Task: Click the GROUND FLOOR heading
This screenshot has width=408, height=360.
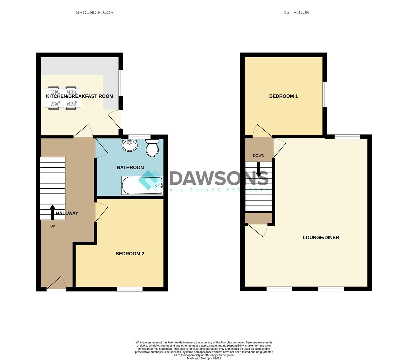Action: coord(94,12)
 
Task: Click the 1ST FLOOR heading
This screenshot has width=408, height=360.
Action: coord(296,12)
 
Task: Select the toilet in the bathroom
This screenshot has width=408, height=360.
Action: coord(152,148)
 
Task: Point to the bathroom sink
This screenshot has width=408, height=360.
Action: coord(130,145)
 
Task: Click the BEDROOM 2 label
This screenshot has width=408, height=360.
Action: coord(130,254)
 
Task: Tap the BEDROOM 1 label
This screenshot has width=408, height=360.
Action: coord(283,96)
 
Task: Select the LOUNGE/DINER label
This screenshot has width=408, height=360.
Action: coord(321,238)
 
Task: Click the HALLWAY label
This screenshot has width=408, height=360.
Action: coord(67,213)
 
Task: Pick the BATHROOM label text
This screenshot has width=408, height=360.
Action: coord(130,167)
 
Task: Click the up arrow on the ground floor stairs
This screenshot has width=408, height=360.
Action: coord(52,212)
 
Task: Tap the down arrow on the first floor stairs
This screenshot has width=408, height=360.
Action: coord(259,170)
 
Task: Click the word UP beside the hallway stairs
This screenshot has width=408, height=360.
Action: coord(52,226)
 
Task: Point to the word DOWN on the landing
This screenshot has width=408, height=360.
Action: coord(259,155)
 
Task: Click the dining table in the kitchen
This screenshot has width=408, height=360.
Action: coord(62,98)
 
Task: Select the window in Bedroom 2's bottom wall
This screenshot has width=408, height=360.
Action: coord(130,289)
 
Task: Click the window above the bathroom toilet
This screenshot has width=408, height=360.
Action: coord(139,136)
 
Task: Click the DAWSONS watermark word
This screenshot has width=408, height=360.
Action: coord(219,179)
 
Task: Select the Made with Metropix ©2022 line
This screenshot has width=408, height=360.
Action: coord(204,358)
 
